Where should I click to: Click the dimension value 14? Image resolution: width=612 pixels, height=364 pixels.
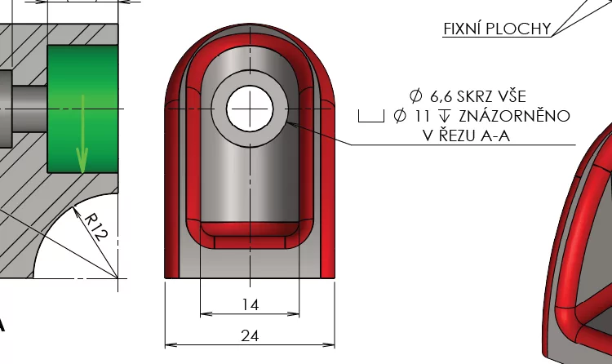(x=250, y=304)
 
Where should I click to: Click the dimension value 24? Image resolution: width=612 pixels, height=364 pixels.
(x=250, y=335)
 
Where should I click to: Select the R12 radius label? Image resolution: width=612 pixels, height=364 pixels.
(x=95, y=224)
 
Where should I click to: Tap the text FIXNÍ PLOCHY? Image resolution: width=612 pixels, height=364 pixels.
(x=496, y=29)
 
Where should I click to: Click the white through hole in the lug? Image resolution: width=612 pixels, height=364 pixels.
(x=249, y=109)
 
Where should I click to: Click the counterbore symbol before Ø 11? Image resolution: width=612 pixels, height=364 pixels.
(x=370, y=116)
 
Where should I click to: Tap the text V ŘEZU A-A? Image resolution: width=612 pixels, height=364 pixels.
(x=466, y=136)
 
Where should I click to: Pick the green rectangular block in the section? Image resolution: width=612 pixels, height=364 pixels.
(x=82, y=109)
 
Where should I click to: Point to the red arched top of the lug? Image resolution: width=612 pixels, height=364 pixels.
(x=249, y=33)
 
